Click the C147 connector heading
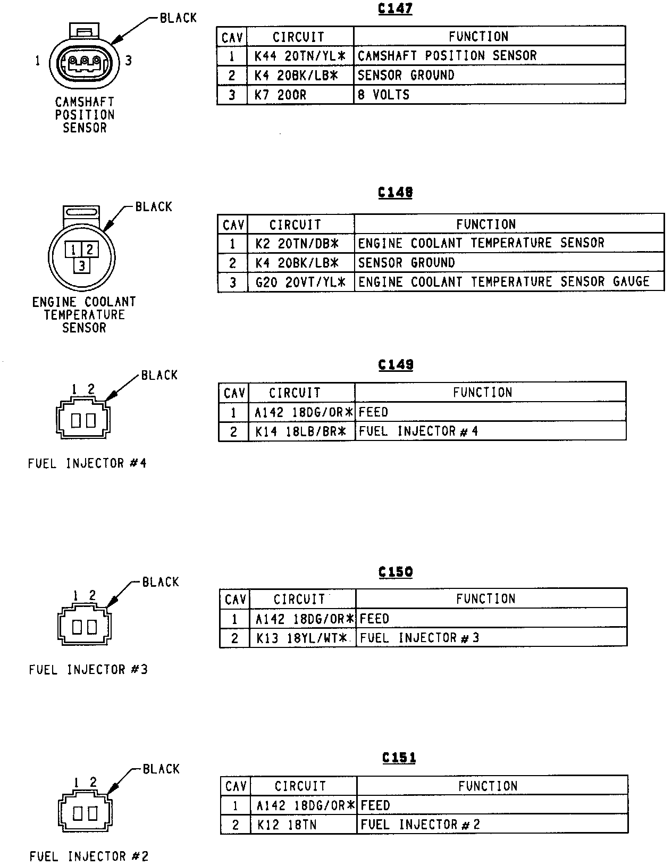[395, 9]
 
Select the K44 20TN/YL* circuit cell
[300, 56]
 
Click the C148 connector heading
[395, 192]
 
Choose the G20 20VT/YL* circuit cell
[300, 282]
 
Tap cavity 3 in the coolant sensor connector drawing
[81, 265]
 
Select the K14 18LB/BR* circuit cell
[301, 431]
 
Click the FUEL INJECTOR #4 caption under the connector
[87, 463]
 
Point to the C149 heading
[396, 365]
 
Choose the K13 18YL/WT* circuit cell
[301, 638]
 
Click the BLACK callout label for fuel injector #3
[161, 582]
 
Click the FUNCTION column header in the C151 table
[488, 786]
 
